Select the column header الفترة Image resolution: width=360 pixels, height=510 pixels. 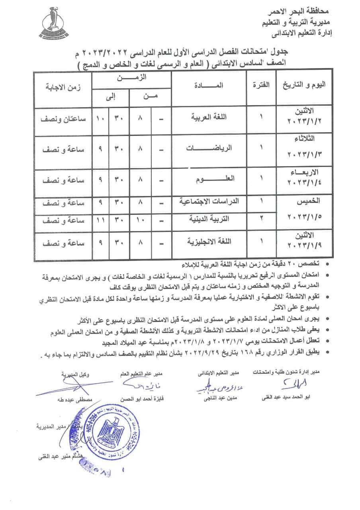coord(261,85)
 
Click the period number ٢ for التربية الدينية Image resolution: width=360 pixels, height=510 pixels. coord(262,219)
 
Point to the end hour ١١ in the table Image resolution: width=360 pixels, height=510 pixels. coord(100,220)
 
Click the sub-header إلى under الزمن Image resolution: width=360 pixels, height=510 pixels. coord(111,96)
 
